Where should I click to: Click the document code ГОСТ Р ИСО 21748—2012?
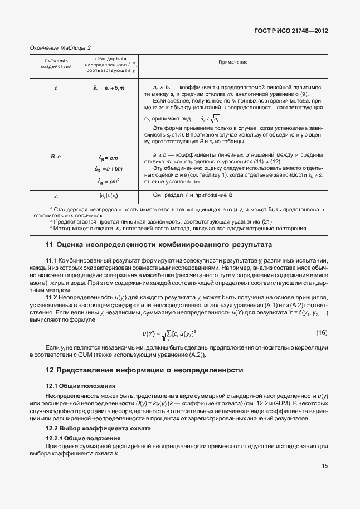pyautogui.click(x=291, y=32)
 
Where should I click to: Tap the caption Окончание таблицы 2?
pyautogui.click(x=60, y=48)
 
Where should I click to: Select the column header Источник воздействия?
pyautogui.click(x=56, y=64)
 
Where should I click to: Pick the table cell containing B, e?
pyautogui.click(x=56, y=157)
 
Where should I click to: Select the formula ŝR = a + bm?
pyautogui.click(x=107, y=169)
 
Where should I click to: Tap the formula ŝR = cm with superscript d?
pyautogui.click(x=108, y=181)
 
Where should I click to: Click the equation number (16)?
pyautogui.click(x=322, y=333)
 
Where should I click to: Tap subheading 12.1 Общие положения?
pyautogui.click(x=80, y=386)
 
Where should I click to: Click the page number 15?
pyautogui.click(x=324, y=467)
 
